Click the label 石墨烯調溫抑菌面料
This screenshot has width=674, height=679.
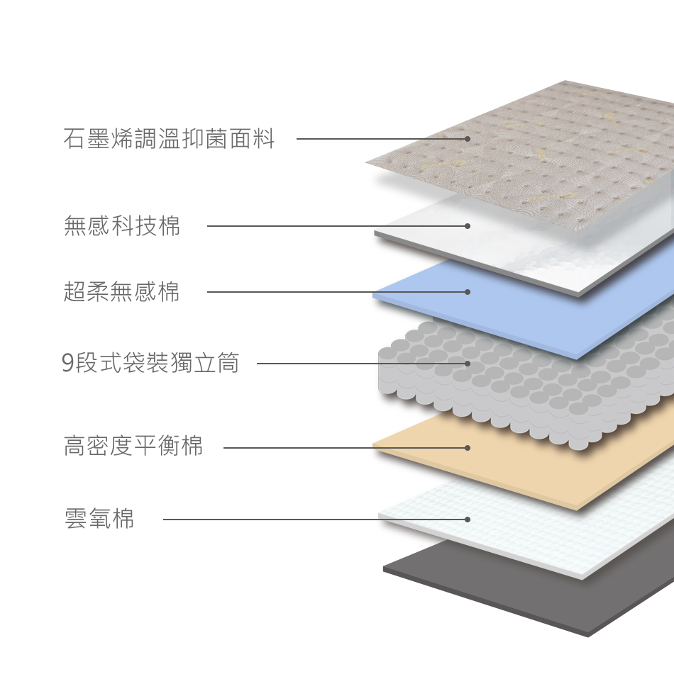pyautogui.click(x=169, y=139)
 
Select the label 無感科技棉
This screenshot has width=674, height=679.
pyautogui.click(x=122, y=226)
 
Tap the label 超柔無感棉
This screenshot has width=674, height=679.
pyautogui.click(x=122, y=292)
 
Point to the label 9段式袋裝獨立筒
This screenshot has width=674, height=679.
pyautogui.click(x=150, y=364)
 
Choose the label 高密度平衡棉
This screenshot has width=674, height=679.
pyautogui.click(x=133, y=447)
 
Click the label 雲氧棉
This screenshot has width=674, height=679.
pyautogui.click(x=99, y=520)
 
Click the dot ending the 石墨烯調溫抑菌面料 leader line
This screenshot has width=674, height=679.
pyautogui.click(x=468, y=139)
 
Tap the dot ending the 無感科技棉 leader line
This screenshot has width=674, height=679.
pyautogui.click(x=468, y=226)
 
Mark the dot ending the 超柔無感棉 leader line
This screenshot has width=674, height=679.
pyautogui.click(x=468, y=292)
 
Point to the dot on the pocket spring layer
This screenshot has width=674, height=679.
pyautogui.click(x=468, y=364)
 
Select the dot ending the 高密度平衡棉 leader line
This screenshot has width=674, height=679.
pyautogui.click(x=468, y=448)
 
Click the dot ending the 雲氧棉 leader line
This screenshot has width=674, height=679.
pyautogui.click(x=468, y=520)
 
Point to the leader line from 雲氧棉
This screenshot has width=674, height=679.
pyautogui.click(x=284, y=520)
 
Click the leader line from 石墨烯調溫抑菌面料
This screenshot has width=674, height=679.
pyautogui.click(x=376, y=139)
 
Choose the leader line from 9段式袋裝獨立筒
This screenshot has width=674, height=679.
pyautogui.click(x=355, y=364)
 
